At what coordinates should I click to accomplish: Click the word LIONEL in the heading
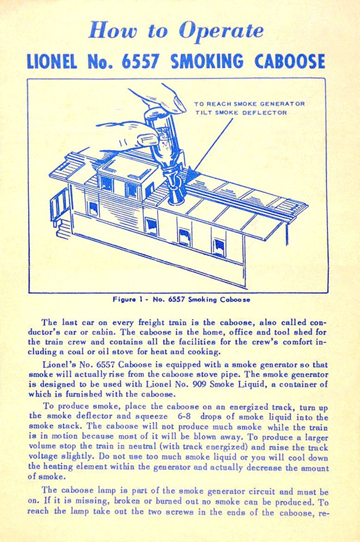pyautogui.click(x=52, y=62)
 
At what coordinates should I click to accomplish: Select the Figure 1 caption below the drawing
pyautogui.click(x=181, y=300)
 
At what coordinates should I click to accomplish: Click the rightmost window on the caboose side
pyautogui.click(x=218, y=247)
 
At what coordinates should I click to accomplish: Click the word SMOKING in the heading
pyautogui.click(x=207, y=62)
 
